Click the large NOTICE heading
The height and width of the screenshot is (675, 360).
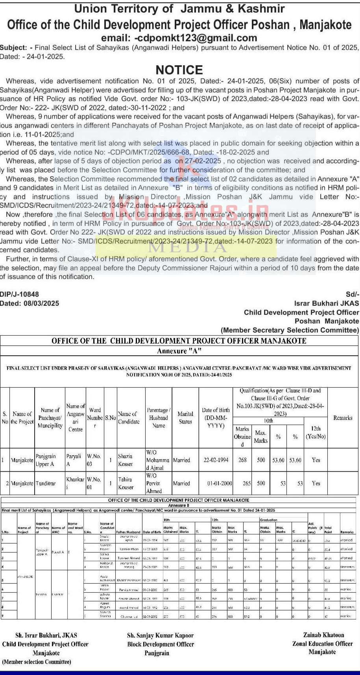(x=179, y=70)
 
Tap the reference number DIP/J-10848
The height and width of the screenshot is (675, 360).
(x=20, y=294)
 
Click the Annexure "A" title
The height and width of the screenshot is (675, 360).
(x=179, y=351)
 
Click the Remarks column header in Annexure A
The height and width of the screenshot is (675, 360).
(x=343, y=418)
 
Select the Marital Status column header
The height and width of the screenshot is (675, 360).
(x=185, y=418)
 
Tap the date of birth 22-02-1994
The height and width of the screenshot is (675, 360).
(x=216, y=460)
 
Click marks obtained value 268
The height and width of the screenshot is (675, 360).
(x=242, y=460)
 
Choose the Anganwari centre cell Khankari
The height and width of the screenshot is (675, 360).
(x=75, y=483)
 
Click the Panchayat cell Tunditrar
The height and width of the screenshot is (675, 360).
(x=46, y=483)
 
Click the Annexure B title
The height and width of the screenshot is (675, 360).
(x=179, y=505)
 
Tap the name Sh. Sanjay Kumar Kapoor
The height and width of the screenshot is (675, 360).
(x=161, y=635)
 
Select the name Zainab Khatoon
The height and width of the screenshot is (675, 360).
(x=323, y=635)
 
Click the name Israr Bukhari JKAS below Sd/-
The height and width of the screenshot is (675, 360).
(x=327, y=303)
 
